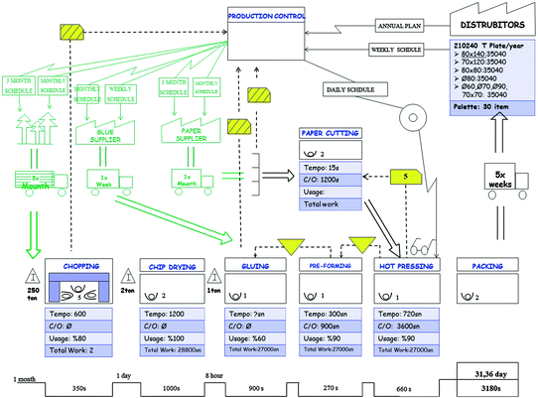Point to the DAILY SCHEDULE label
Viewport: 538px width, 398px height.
coord(349,89)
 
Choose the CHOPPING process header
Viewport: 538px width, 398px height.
coord(81,266)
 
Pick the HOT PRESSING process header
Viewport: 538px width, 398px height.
coord(404,266)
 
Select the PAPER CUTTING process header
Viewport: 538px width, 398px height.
coord(331,133)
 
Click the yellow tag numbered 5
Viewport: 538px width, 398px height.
coord(406,176)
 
